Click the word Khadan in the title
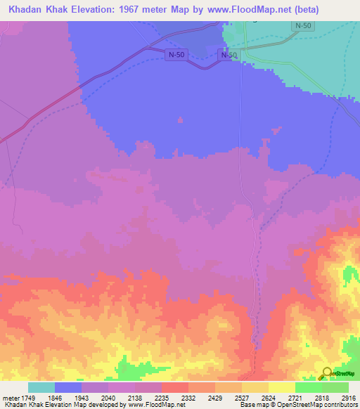[x=26, y=10]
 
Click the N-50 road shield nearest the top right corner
[x=302, y=26]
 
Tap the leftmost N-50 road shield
[x=177, y=55]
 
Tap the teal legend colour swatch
[x=41, y=387]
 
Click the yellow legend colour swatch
[x=282, y=387]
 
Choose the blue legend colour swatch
[x=68, y=387]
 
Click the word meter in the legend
[x=11, y=398]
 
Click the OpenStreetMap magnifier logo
[x=326, y=373]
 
